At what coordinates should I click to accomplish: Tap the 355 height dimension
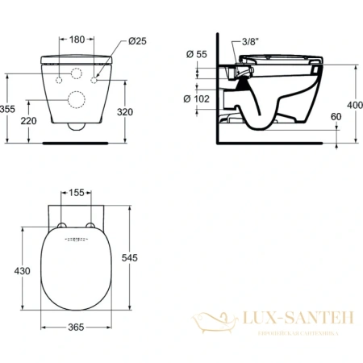pyautogui.click(x=8, y=108)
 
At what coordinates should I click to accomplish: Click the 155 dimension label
pyautogui.click(x=78, y=194)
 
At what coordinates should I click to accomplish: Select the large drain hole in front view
pyautogui.click(x=78, y=100)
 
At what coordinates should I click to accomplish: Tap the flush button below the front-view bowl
pyautogui.click(x=78, y=127)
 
